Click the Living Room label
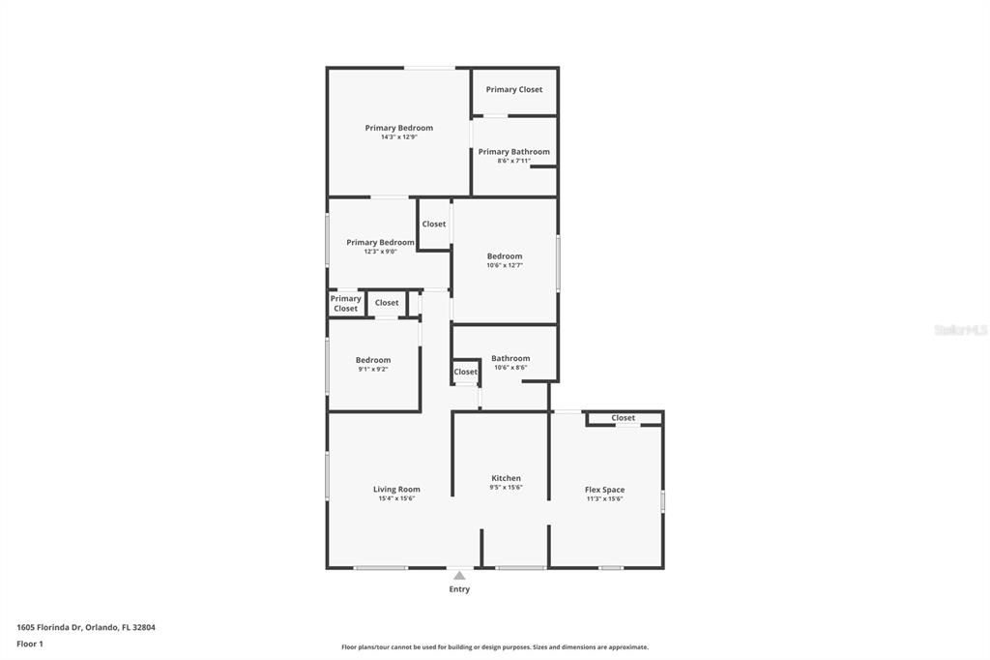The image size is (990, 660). pyautogui.click(x=396, y=490)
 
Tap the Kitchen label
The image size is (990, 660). pyautogui.click(x=506, y=478)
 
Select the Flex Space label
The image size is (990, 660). pyautogui.click(x=604, y=490)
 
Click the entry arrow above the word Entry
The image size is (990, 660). pyautogui.click(x=459, y=576)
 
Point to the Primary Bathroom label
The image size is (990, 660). pyautogui.click(x=513, y=152)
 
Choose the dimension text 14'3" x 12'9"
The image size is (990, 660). pyautogui.click(x=398, y=137)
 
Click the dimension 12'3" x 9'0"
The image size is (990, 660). pyautogui.click(x=380, y=252)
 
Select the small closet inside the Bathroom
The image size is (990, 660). pyautogui.click(x=466, y=372)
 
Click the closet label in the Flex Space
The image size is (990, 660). pyautogui.click(x=624, y=418)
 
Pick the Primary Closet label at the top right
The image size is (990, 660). pyautogui.click(x=514, y=90)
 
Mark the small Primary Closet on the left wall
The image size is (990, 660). pyautogui.click(x=345, y=304)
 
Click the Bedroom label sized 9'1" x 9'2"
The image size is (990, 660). pyautogui.click(x=373, y=360)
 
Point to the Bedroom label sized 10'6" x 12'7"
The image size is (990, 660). pyautogui.click(x=505, y=256)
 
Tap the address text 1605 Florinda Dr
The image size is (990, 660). pyautogui.click(x=86, y=627)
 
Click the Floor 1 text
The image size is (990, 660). pyautogui.click(x=30, y=644)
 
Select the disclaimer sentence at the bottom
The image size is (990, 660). pyautogui.click(x=494, y=647)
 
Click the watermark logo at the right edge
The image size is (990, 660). pyautogui.click(x=960, y=330)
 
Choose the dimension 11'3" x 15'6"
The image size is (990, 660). pyautogui.click(x=604, y=499)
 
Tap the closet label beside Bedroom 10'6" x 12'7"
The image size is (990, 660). pyautogui.click(x=434, y=225)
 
